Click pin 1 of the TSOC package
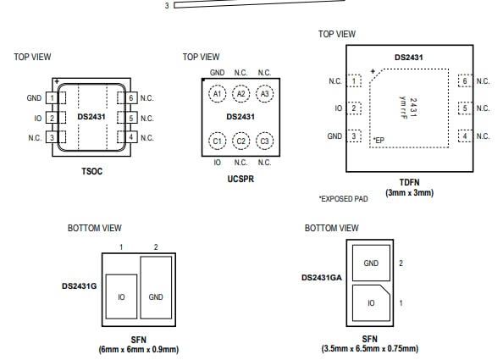click(x=52, y=98)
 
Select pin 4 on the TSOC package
click(x=131, y=137)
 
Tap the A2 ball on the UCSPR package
click(x=240, y=94)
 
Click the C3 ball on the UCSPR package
click(x=265, y=141)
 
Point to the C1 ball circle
click(x=217, y=141)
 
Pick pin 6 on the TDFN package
click(x=465, y=80)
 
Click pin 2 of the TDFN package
click(x=354, y=108)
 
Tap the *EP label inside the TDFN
click(x=379, y=141)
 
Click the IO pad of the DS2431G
click(x=121, y=296)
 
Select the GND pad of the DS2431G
click(x=156, y=287)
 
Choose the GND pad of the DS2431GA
click(x=371, y=263)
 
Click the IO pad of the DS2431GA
click(x=371, y=303)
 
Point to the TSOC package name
click(x=91, y=171)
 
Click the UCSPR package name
click(x=240, y=179)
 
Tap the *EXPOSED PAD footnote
click(x=343, y=199)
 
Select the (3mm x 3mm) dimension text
click(x=409, y=193)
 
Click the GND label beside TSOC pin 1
click(x=34, y=98)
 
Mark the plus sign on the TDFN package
click(x=373, y=71)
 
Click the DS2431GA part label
click(x=322, y=278)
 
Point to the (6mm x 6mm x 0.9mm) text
click(x=139, y=349)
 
